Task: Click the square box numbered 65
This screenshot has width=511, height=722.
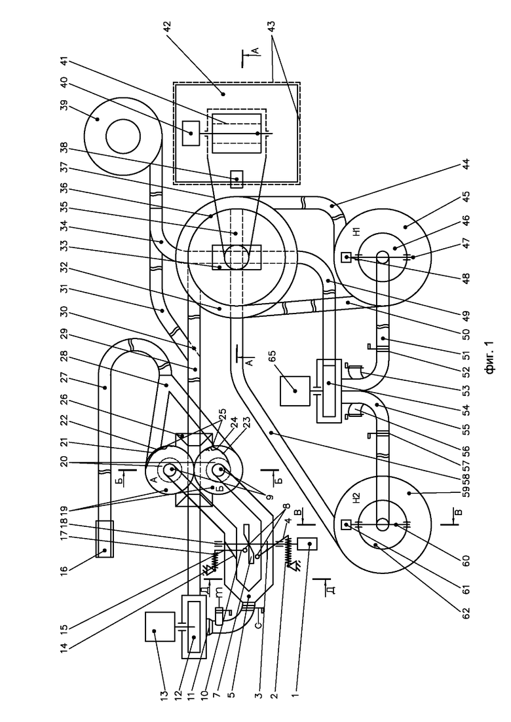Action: [294, 391]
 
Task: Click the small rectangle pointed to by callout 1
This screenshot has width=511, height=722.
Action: [305, 543]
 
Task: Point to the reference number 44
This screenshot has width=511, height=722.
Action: [466, 164]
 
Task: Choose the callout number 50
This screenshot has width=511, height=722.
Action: [466, 331]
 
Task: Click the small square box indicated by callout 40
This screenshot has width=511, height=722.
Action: [191, 133]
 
